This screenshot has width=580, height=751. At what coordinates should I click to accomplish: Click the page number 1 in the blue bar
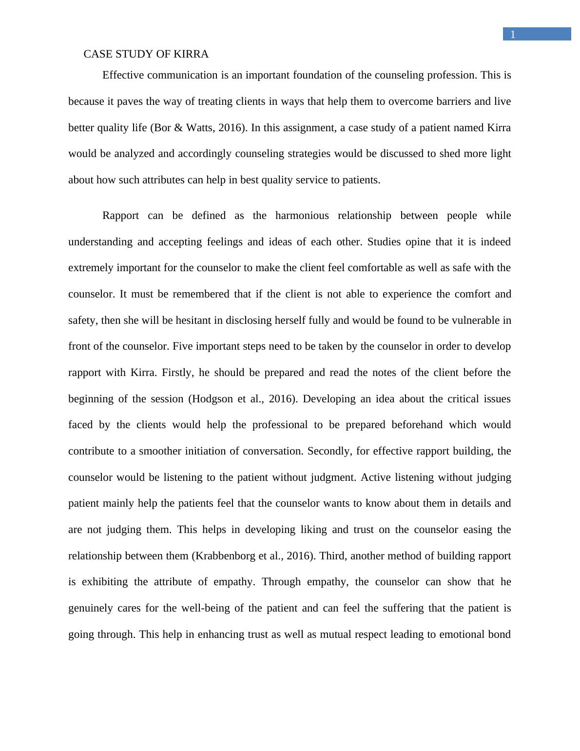tap(513, 34)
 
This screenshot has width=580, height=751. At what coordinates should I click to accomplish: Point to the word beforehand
tap(418, 425)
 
